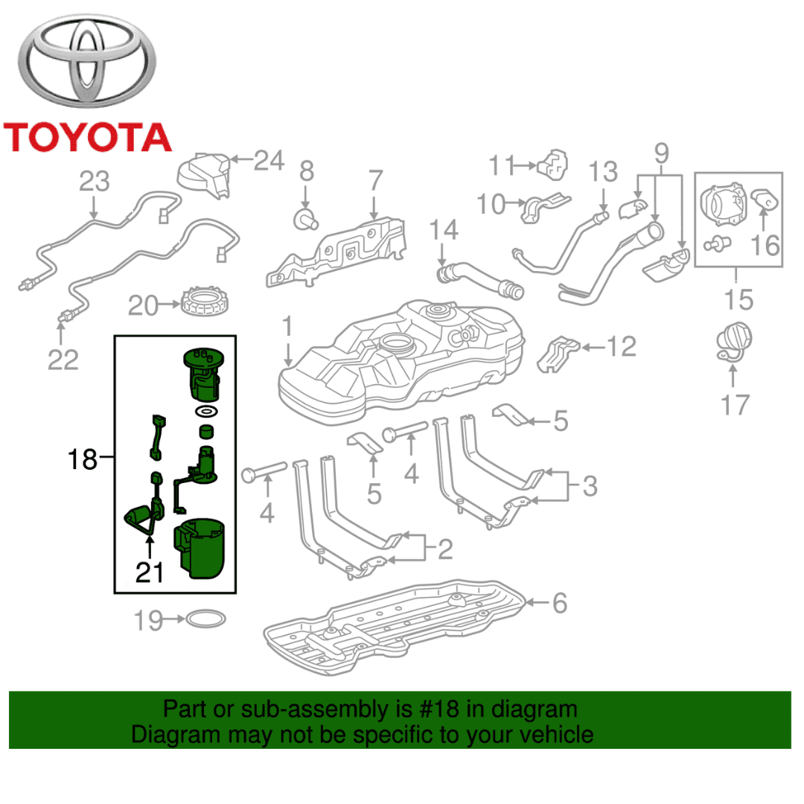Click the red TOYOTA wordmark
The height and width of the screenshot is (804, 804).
(87, 138)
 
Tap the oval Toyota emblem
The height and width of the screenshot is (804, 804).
(86, 60)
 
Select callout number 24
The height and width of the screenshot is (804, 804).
(269, 161)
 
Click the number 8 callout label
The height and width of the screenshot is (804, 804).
(307, 171)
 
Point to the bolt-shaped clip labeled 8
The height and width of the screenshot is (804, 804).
(306, 220)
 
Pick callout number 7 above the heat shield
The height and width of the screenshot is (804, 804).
(376, 180)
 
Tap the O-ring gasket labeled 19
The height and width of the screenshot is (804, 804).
(205, 619)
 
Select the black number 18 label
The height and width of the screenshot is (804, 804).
(82, 459)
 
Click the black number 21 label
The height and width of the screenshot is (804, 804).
(149, 572)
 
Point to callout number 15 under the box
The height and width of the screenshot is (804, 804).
(738, 299)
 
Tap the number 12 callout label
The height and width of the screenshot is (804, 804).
(622, 347)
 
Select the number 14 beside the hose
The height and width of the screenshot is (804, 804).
(444, 230)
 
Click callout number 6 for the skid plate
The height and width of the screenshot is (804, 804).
(560, 603)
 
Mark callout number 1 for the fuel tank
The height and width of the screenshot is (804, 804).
(287, 326)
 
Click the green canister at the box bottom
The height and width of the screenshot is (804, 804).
(200, 548)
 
